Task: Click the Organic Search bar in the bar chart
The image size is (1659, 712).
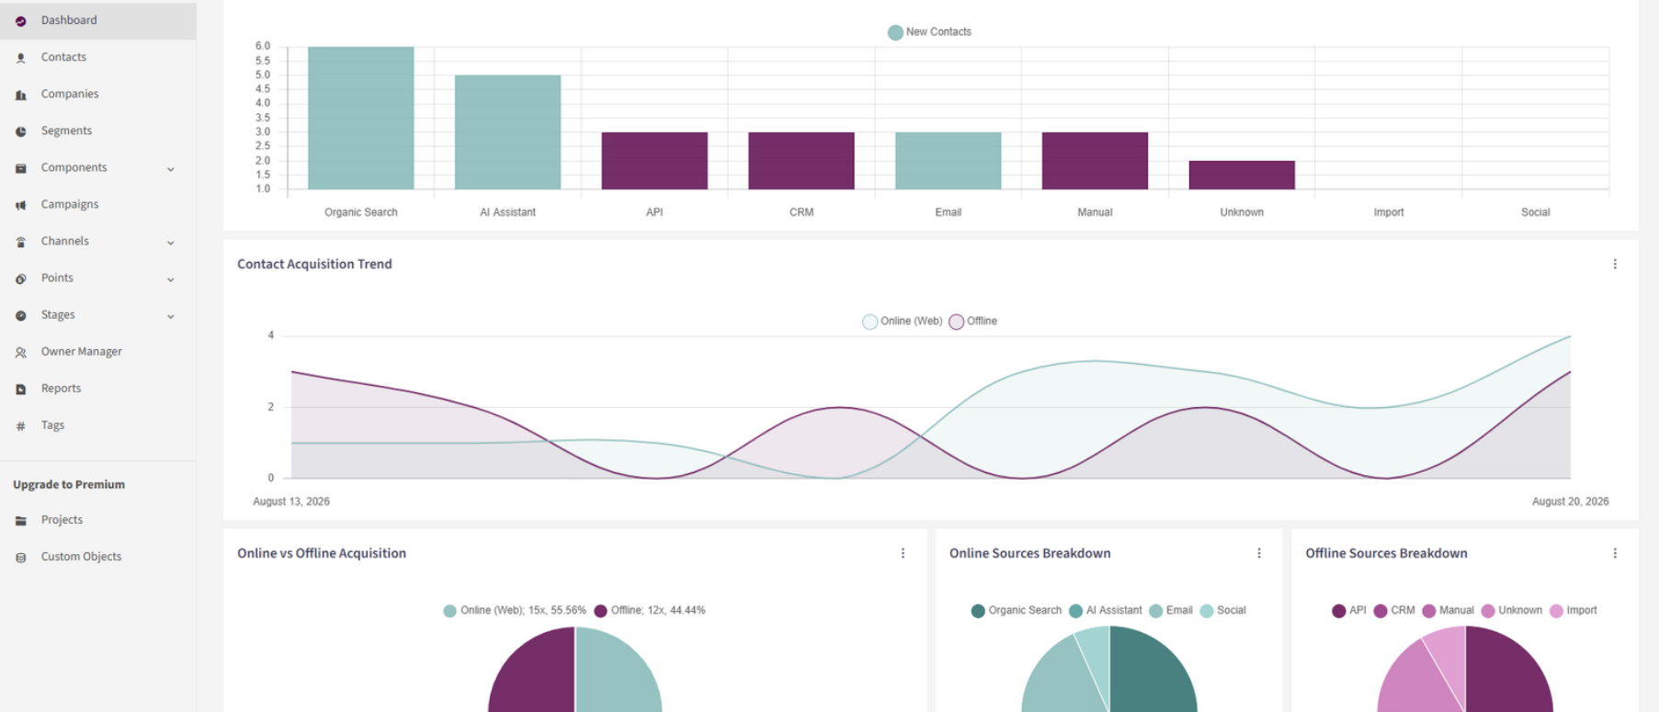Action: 360,118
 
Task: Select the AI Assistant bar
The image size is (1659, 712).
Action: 507,132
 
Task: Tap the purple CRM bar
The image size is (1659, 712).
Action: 801,161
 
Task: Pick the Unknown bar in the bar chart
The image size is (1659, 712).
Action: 1242,175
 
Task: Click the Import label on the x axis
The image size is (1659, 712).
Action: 1389,212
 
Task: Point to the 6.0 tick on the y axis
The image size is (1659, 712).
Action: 263,46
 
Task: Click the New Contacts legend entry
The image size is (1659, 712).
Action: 929,32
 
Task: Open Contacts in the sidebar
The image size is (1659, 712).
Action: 63,57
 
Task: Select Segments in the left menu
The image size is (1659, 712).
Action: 66,130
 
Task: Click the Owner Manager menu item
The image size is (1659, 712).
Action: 81,351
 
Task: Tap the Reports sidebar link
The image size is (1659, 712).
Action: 61,389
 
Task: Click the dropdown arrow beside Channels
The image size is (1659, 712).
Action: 171,243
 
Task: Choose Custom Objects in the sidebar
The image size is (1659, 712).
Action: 81,557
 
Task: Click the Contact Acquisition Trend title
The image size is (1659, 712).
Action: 314,264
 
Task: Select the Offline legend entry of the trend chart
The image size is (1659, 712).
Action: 973,322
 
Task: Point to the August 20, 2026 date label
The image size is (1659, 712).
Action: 1570,502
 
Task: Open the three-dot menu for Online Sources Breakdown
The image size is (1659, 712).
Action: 1259,553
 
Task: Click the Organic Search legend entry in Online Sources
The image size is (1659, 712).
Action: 1016,611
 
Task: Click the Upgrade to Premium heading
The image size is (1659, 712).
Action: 69,484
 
